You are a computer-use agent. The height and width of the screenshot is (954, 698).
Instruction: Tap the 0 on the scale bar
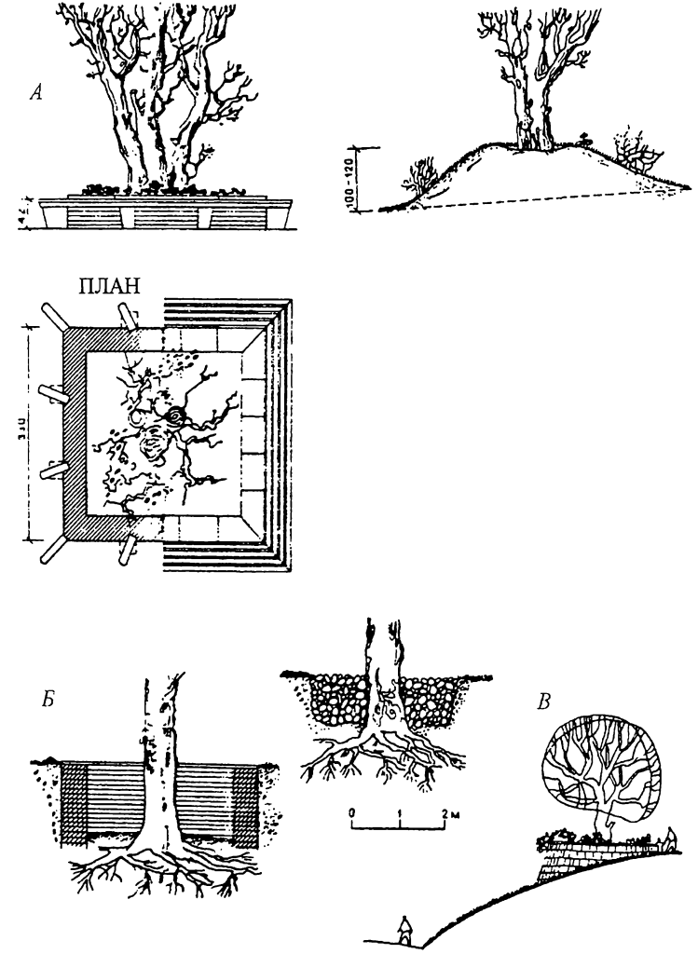pos(352,812)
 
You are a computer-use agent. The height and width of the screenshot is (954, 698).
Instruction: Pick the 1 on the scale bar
pos(400,812)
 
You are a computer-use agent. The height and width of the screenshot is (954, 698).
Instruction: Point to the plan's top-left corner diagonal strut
pos(52,319)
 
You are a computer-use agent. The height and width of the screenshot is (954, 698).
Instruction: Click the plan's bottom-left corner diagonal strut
pos(52,551)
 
